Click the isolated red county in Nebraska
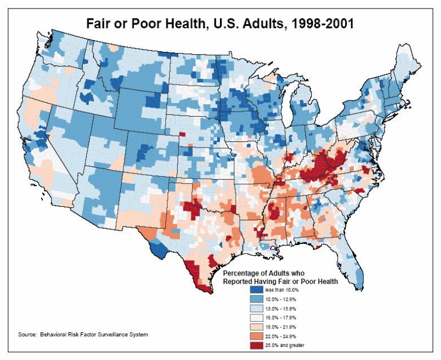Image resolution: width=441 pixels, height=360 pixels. coord(182,134)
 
